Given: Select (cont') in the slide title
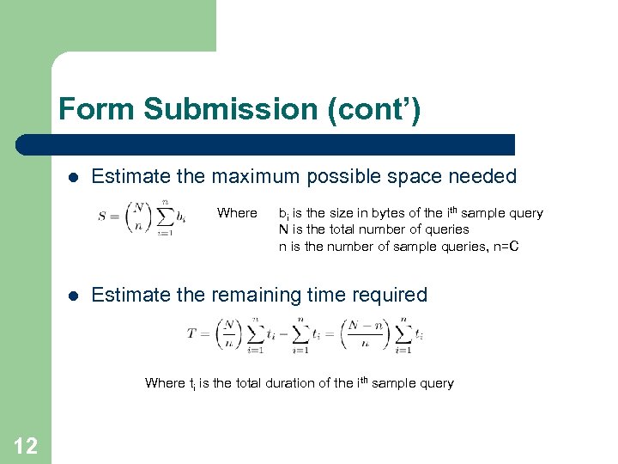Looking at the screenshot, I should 377,110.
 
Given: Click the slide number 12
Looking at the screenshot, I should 26,445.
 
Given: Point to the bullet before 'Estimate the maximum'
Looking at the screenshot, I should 73,178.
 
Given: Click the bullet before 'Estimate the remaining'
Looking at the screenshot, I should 73,296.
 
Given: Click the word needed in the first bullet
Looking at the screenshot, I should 484,177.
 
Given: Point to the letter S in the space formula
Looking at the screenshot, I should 102,217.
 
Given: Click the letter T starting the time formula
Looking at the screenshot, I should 191,334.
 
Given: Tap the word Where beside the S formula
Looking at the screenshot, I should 237,213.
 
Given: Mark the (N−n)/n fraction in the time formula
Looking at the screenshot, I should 364,334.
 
